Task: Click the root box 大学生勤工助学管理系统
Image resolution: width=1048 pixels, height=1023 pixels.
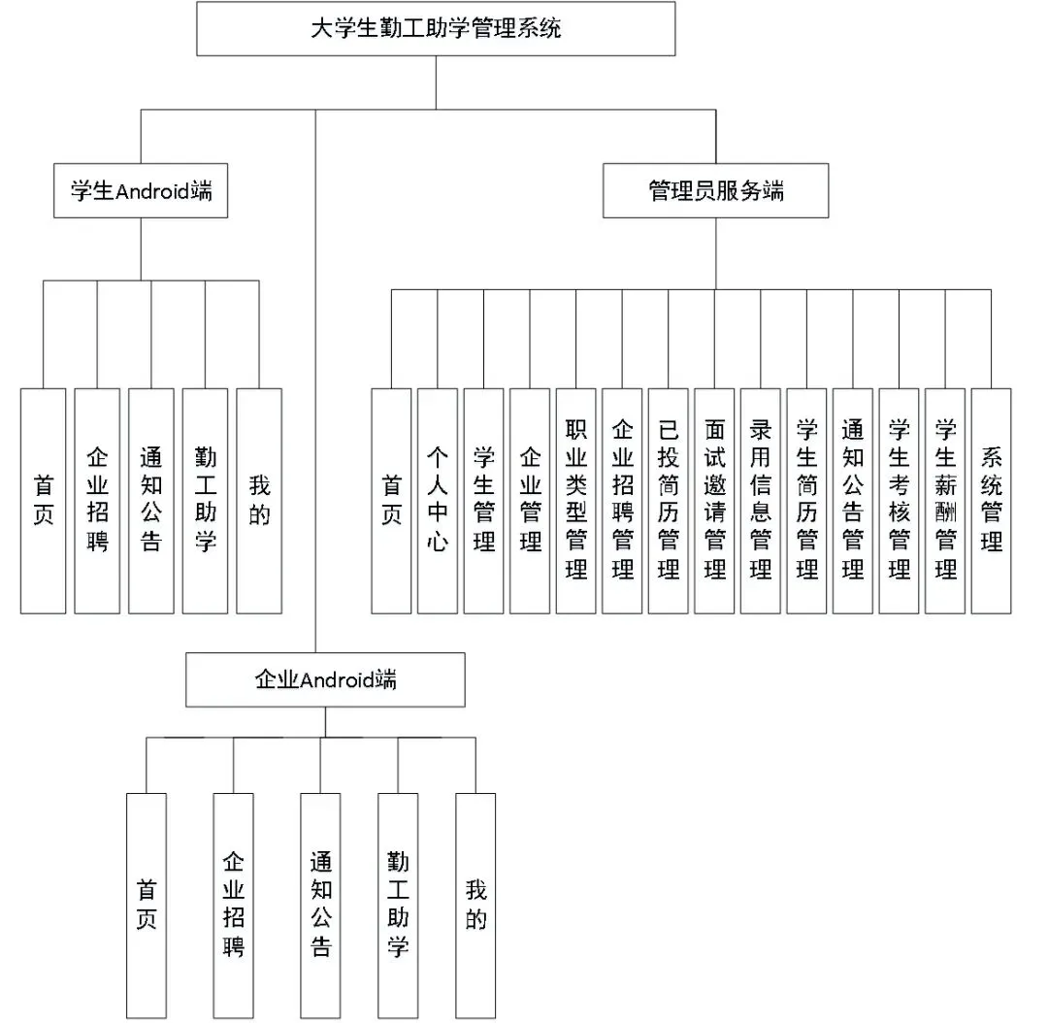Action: point(436,29)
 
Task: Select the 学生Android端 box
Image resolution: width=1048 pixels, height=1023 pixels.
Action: point(141,190)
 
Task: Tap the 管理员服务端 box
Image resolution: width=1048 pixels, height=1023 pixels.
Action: point(716,190)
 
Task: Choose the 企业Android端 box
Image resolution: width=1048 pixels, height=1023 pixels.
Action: point(325,680)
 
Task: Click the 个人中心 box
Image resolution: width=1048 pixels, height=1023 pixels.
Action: point(438,501)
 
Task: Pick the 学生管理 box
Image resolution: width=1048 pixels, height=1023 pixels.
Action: point(484,501)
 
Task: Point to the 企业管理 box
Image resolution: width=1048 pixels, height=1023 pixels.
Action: point(530,501)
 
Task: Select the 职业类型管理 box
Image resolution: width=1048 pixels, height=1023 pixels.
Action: point(576,501)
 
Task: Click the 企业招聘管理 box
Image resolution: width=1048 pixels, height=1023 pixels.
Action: point(622,501)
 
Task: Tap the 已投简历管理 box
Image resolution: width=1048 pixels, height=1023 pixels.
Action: point(669,501)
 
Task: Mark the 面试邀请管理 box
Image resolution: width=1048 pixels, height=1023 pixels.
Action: point(714,501)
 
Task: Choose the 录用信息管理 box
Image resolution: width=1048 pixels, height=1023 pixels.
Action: point(761,501)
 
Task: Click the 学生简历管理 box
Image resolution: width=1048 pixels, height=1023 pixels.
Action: point(806,501)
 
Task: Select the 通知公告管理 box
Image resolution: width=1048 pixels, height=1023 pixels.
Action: point(853,501)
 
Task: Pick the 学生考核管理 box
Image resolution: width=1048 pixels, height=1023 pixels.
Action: point(899,501)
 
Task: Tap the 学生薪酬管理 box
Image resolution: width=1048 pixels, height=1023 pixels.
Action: point(945,501)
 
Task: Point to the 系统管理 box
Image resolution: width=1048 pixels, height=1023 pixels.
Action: point(991,501)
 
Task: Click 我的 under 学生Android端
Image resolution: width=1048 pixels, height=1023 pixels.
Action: point(259,501)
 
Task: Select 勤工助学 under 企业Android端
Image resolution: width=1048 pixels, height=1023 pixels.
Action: point(399,906)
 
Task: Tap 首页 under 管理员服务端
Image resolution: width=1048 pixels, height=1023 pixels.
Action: point(392,501)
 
